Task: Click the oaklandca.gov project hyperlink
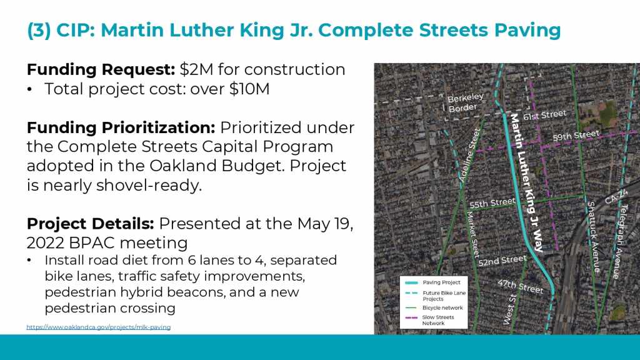[x=98, y=327]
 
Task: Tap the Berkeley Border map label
[x=465, y=103]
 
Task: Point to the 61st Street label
[x=545, y=115]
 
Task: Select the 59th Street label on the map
[x=576, y=135]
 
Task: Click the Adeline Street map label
[x=469, y=155]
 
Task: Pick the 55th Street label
[x=492, y=203]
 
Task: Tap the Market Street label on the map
[x=472, y=234]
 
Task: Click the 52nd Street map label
[x=502, y=261]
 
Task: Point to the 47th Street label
[x=521, y=286]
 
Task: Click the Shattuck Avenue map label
[x=594, y=237]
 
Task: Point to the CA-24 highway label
[x=616, y=197]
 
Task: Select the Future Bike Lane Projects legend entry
[x=435, y=296]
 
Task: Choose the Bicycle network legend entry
[x=434, y=307]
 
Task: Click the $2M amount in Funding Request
[x=196, y=69]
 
